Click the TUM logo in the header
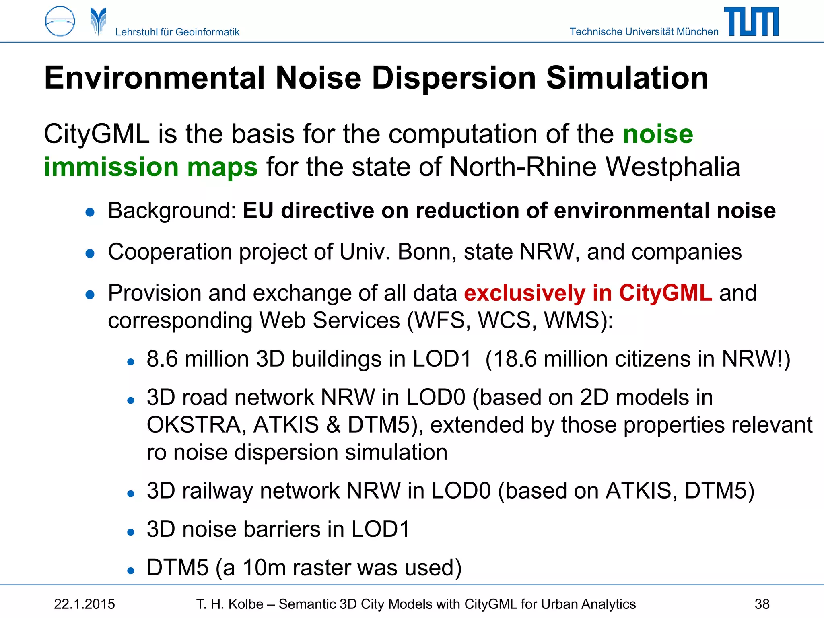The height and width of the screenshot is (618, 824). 751,22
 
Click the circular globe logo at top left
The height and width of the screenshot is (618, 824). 60,22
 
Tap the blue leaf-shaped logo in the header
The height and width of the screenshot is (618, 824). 98,22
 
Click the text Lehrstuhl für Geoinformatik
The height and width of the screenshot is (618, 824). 177,32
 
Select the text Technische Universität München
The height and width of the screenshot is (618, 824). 644,31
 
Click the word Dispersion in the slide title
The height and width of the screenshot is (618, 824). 453,78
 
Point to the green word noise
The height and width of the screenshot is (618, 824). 658,134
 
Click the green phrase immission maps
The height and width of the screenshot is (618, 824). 151,167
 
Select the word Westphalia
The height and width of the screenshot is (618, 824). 673,167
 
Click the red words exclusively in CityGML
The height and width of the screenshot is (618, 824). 588,293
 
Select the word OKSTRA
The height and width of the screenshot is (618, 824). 196,425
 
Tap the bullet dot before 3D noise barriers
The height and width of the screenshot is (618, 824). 130,532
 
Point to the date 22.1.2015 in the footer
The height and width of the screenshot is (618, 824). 84,604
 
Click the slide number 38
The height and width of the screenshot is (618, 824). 762,604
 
